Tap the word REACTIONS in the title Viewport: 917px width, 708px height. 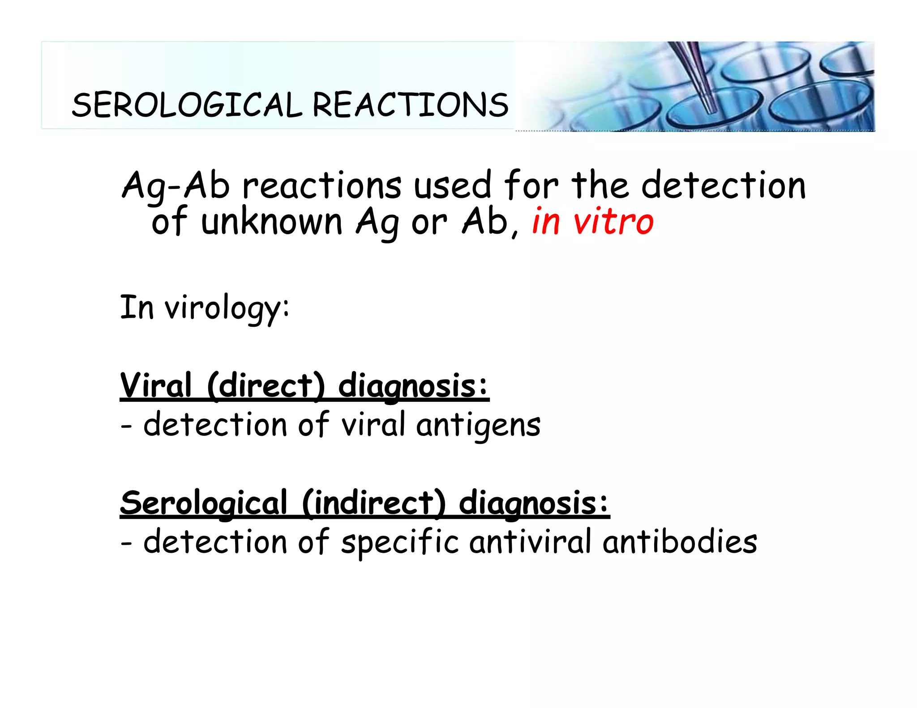point(410,105)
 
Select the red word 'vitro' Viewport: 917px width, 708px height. point(613,222)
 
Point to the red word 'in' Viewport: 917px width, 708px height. point(546,222)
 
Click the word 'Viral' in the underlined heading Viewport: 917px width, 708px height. point(156,386)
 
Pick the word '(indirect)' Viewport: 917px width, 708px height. point(374,503)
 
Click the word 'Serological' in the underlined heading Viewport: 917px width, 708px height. point(204,503)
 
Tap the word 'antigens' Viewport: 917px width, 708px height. point(478,425)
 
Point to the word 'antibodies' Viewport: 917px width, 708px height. point(680,542)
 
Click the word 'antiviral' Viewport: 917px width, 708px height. point(531,542)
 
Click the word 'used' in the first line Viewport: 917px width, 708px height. point(453,186)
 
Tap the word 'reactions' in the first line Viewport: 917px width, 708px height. point(321,186)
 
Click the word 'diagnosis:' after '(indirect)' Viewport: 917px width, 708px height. point(534,503)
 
